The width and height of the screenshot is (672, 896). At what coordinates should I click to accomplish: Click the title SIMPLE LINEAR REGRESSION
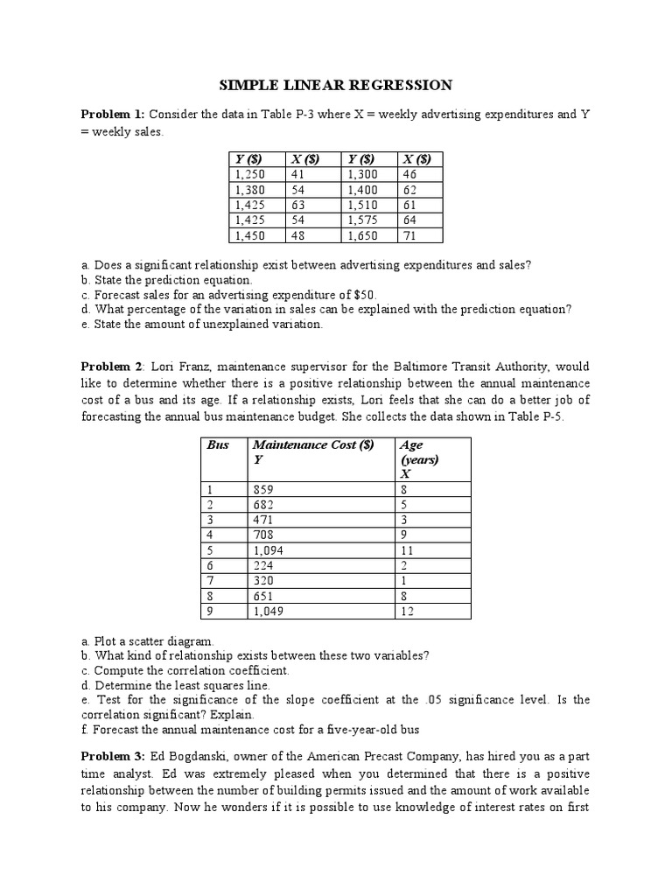[335, 85]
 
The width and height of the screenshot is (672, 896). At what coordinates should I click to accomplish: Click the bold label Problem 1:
[115, 115]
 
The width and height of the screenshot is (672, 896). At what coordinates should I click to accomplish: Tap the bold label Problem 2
[113, 367]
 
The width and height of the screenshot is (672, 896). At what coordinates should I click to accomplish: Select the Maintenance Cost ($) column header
[312, 444]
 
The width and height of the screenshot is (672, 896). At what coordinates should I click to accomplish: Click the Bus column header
[218, 444]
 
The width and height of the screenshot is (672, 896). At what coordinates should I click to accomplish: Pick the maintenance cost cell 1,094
[267, 550]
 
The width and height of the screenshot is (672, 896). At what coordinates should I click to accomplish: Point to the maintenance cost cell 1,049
[267, 611]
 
